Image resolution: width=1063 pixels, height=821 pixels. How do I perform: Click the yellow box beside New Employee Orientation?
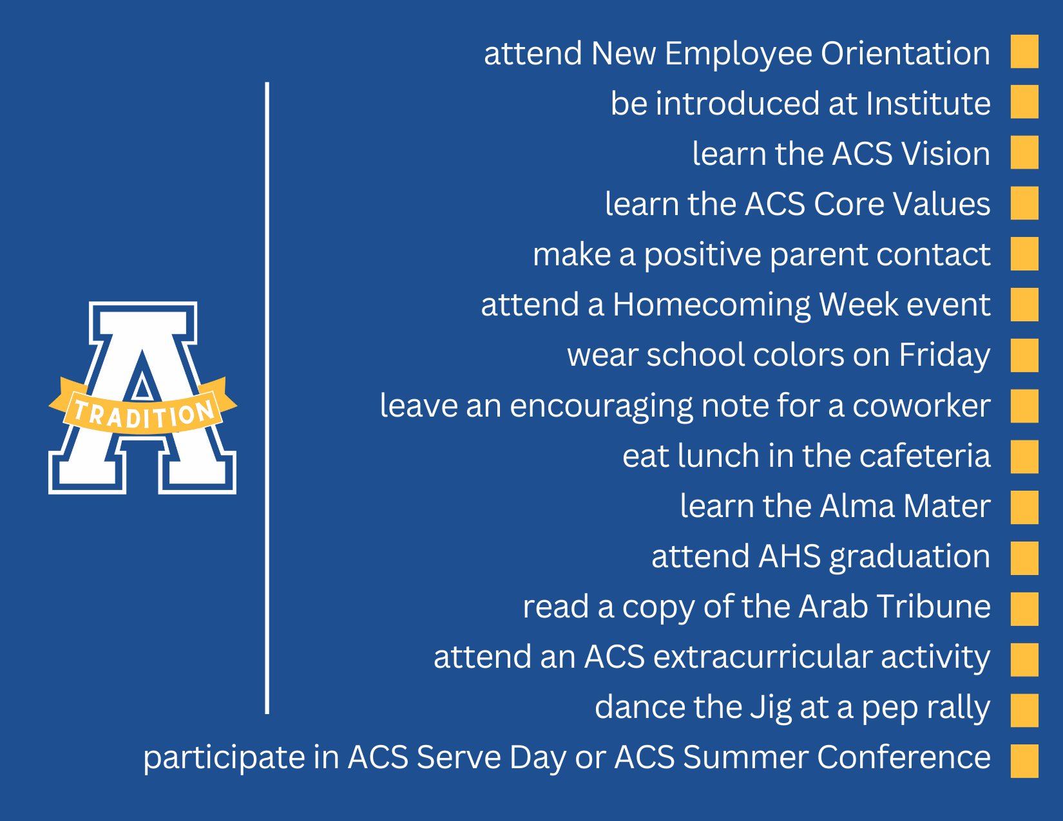pyautogui.click(x=1024, y=52)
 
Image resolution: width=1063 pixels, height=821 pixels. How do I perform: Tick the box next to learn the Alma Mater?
pyautogui.click(x=1024, y=507)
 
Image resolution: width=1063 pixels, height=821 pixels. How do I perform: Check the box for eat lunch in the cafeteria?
pyautogui.click(x=1024, y=457)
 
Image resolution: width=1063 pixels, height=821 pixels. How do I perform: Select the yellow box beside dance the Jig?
pyautogui.click(x=1024, y=710)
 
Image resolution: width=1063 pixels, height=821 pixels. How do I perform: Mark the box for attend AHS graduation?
pyautogui.click(x=1024, y=558)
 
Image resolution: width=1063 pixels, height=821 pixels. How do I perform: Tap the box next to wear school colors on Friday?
pyautogui.click(x=1024, y=355)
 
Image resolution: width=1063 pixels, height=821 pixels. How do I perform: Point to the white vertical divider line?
pyautogui.click(x=267, y=398)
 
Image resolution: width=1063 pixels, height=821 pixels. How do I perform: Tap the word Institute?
pyautogui.click(x=928, y=103)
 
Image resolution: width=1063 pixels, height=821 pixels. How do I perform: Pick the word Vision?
pyautogui.click(x=946, y=153)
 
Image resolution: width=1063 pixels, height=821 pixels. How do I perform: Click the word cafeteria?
pyautogui.click(x=925, y=456)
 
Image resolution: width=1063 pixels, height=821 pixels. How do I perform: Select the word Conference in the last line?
pyautogui.click(x=904, y=757)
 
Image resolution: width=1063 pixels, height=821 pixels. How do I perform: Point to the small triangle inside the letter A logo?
pyautogui.click(x=142, y=386)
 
